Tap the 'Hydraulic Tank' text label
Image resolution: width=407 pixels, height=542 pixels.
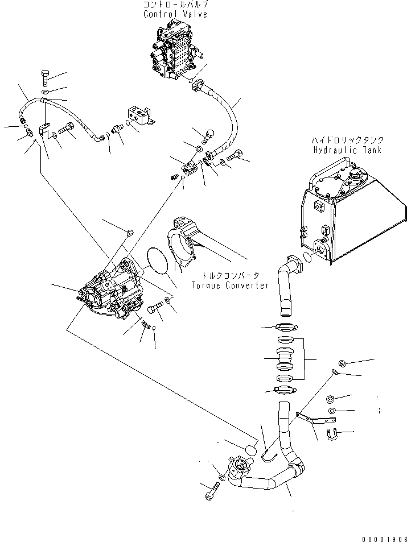pyautogui.click(x=347, y=150)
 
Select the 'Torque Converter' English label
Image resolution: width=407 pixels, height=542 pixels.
pyautogui.click(x=229, y=285)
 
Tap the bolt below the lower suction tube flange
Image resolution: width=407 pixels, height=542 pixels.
pyautogui.click(x=212, y=491)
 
